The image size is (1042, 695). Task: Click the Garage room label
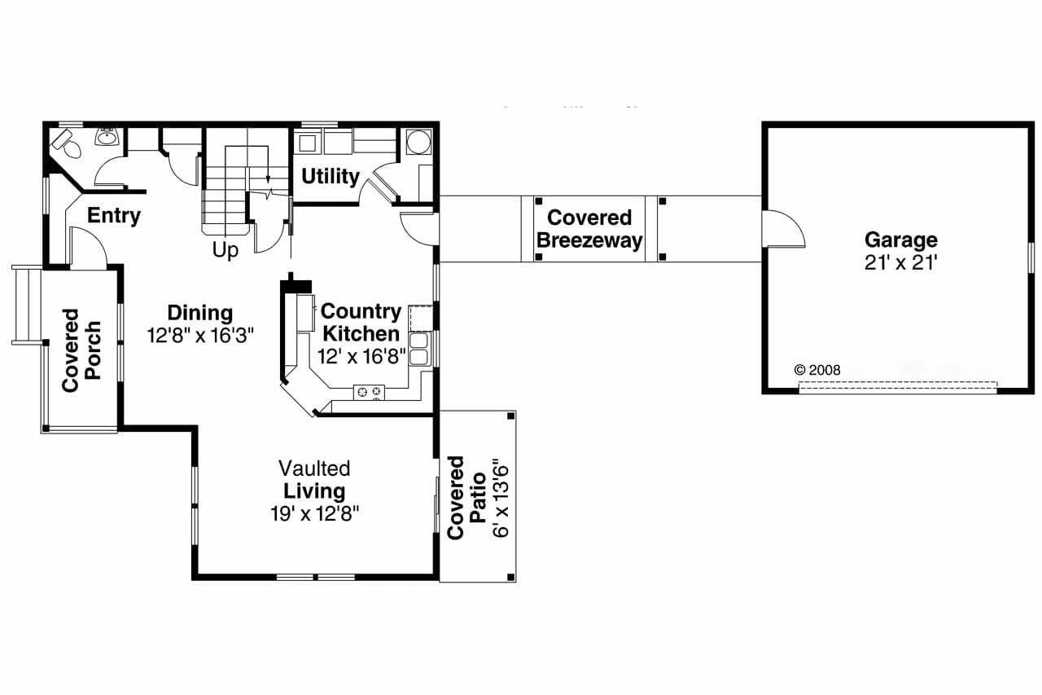click(x=900, y=240)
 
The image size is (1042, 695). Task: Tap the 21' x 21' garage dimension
click(x=900, y=263)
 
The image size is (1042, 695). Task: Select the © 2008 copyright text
click(x=817, y=370)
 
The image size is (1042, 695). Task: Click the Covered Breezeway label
click(x=589, y=229)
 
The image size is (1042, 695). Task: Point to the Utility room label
click(x=330, y=176)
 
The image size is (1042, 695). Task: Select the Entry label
click(x=114, y=216)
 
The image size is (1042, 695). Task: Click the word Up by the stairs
click(x=225, y=251)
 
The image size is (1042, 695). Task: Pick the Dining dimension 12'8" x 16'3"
click(x=201, y=335)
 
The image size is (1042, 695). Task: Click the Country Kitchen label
click(x=361, y=323)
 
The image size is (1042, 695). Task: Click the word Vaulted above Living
click(x=314, y=468)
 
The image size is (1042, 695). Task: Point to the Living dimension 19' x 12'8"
click(x=314, y=513)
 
